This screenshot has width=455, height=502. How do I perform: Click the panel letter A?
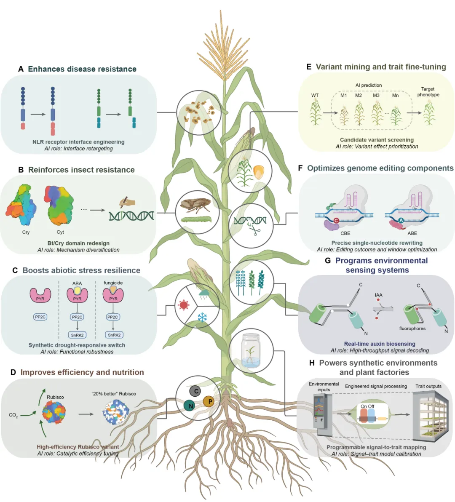[x=21, y=69]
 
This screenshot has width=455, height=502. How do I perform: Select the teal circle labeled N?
[x=190, y=406]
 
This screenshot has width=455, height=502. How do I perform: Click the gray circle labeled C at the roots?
[x=196, y=391]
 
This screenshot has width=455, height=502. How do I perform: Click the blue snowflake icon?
[x=202, y=317]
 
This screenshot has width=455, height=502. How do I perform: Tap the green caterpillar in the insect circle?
[x=195, y=219]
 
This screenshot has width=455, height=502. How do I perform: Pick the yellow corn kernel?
[x=259, y=171]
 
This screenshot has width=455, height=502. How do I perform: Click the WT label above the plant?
[x=315, y=95]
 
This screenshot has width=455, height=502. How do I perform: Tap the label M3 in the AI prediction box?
[x=376, y=95]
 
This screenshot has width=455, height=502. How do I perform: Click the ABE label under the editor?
[x=412, y=233]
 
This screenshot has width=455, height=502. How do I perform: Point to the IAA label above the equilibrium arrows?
[x=378, y=295]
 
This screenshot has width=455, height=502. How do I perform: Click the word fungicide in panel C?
[x=113, y=283]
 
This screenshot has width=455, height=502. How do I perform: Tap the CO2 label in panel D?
[x=13, y=415]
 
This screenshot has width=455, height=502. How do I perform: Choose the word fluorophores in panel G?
[x=412, y=328]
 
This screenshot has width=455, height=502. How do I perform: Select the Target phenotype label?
[x=428, y=92]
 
